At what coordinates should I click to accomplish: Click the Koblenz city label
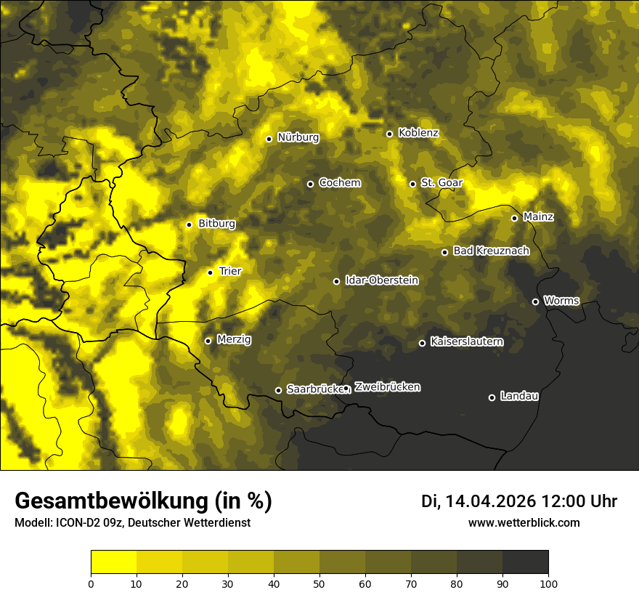point(418,133)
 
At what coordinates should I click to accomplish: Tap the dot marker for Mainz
point(514,218)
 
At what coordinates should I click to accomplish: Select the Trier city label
point(229,271)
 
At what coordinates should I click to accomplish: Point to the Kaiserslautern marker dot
point(422,343)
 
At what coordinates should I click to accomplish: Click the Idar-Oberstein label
point(381,280)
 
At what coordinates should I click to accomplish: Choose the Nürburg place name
point(298,137)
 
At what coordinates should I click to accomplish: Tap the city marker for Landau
point(492,397)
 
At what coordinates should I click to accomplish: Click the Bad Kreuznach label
point(491,251)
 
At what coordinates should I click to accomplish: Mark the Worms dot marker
point(535,301)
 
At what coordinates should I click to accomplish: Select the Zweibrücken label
point(387,387)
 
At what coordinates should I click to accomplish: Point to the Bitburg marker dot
point(189,224)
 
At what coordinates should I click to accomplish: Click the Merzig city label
point(234,339)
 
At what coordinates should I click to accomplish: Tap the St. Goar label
point(441,182)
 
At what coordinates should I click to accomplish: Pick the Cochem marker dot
point(310,184)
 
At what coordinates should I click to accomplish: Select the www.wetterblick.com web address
point(524,522)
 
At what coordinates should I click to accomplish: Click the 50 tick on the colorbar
point(319,583)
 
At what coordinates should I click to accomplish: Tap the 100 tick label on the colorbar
point(548,583)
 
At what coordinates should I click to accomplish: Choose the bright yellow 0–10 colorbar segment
point(114,562)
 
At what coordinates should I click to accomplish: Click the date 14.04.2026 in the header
point(490,501)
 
